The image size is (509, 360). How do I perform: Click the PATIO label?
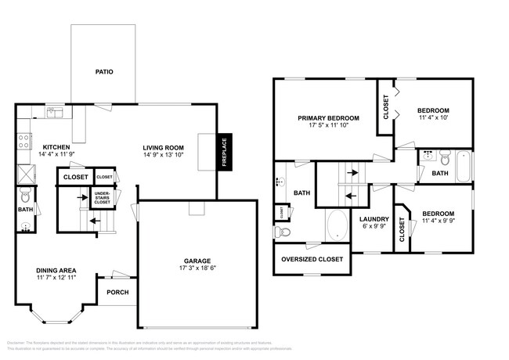(x=105, y=71)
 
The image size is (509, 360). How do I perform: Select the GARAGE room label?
(x=198, y=261)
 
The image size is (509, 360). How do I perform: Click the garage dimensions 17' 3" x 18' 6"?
(x=198, y=268)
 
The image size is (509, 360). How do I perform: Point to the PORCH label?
(x=117, y=292)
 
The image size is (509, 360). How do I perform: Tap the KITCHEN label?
(x=56, y=146)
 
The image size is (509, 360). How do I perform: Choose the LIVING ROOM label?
(x=163, y=146)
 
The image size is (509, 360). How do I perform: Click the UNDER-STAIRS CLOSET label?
(x=102, y=197)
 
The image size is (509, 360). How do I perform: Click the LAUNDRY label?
(x=374, y=218)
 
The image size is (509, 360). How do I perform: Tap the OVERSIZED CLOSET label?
(x=312, y=259)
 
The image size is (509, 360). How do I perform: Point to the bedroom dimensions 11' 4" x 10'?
(x=432, y=118)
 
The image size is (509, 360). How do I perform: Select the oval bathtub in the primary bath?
(x=338, y=225)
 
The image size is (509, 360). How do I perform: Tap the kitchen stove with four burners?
(x=23, y=144)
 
